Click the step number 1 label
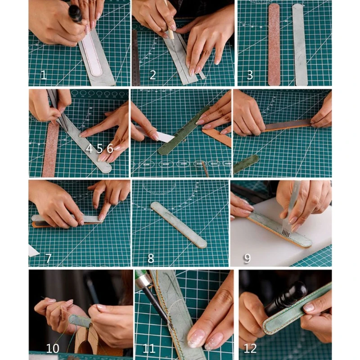[x=43, y=75]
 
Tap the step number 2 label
[x=153, y=75]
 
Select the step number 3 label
[x=250, y=75]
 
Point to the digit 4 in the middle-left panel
[x=90, y=148]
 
